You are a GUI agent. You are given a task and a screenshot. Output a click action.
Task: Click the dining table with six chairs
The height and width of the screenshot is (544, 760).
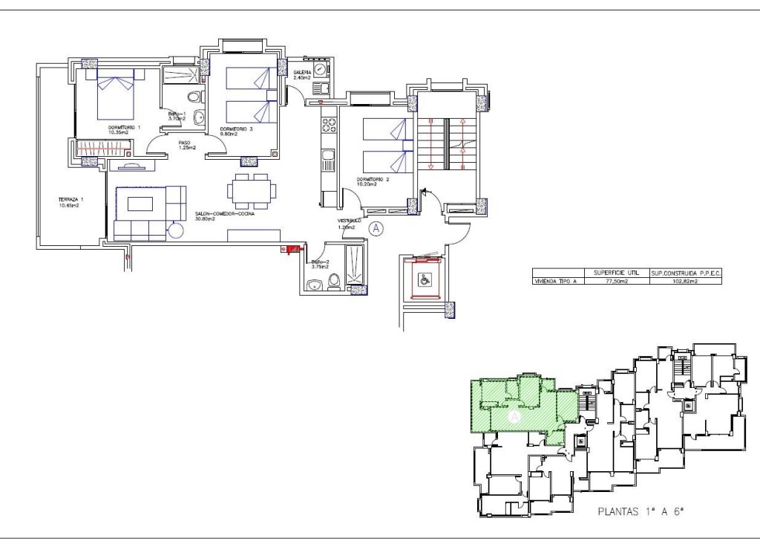coord(252,190)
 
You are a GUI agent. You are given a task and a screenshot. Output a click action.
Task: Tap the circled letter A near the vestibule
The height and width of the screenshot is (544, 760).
coord(376,229)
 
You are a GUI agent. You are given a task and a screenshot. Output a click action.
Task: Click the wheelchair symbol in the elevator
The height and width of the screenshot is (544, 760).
coord(423,279)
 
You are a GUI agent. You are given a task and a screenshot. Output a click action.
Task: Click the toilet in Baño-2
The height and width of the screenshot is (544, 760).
coord(333,281)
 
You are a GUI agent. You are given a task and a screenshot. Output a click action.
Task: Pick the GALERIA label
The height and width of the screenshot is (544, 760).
coord(301,74)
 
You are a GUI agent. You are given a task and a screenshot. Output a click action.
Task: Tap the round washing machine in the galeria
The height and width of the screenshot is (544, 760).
coord(320,70)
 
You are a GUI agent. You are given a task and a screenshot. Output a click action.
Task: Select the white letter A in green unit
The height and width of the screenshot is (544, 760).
coord(513,418)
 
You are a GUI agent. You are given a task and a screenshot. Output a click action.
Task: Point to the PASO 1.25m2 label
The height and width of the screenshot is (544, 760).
coord(186,145)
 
